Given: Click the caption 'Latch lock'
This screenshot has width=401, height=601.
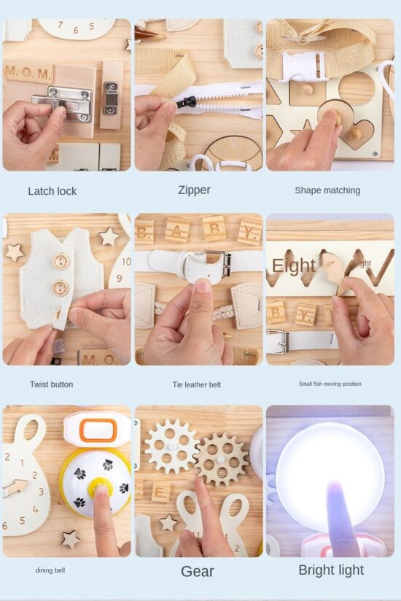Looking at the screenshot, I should [x=52, y=191].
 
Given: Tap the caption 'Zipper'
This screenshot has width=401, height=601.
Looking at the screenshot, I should [x=194, y=190].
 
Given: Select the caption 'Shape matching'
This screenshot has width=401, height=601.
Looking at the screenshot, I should [x=327, y=190].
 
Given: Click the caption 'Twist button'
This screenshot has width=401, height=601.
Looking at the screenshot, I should [x=51, y=384].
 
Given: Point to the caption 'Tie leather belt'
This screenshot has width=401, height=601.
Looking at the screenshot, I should [x=196, y=384].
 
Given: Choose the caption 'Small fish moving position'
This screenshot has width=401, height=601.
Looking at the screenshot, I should [x=330, y=384].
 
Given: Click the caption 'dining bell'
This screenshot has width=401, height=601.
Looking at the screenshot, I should [x=50, y=570].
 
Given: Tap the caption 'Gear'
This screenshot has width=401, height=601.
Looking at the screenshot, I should [x=197, y=571].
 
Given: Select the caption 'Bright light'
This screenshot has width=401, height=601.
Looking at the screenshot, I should [x=331, y=570].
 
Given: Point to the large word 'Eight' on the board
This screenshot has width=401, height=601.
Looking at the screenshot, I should [x=293, y=266].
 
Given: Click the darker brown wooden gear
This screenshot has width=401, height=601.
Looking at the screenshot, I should [x=222, y=459].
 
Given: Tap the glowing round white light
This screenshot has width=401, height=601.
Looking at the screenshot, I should [x=330, y=467].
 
